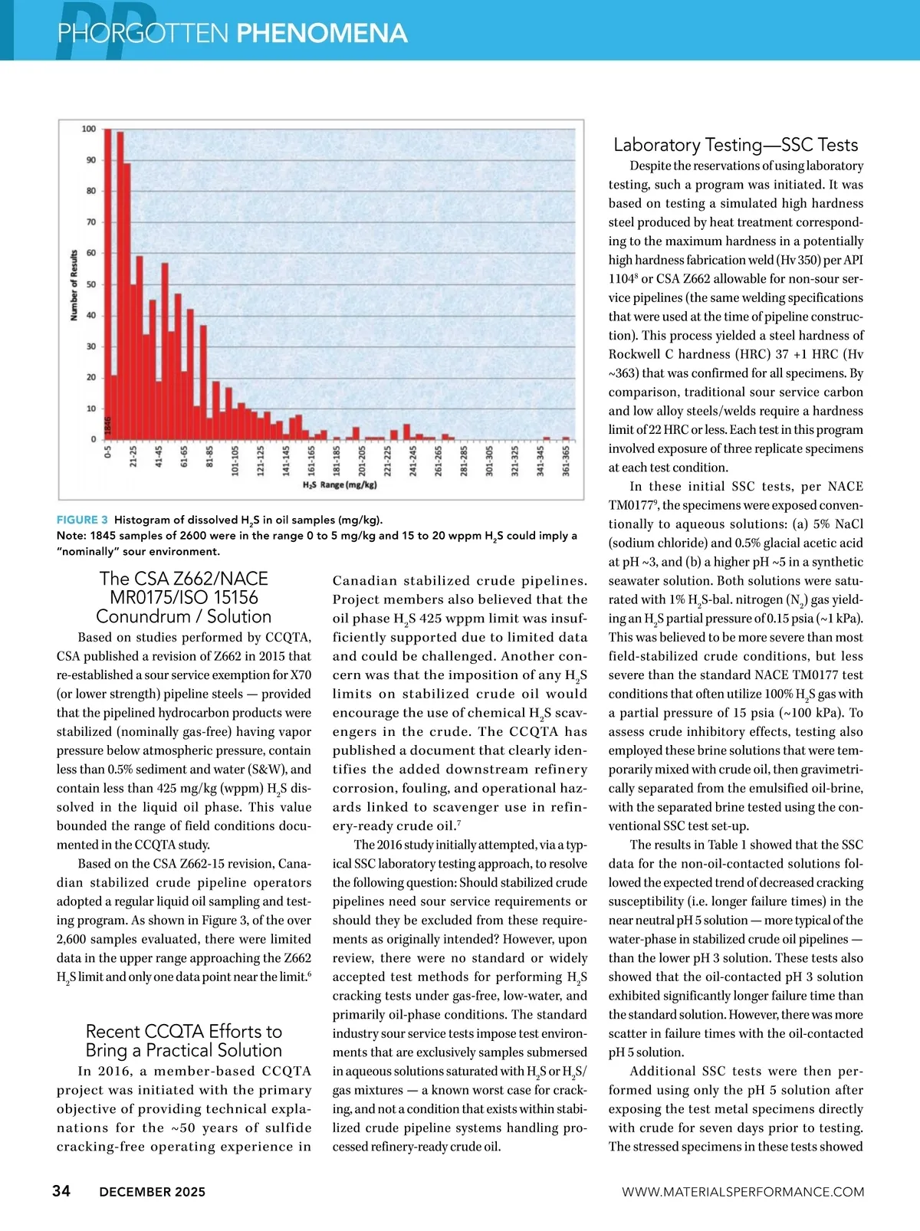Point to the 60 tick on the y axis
tap(91, 253)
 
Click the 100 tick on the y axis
tap(89, 129)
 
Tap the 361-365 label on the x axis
tap(566, 461)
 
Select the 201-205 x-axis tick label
tap(362, 461)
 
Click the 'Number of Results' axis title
tap(74, 284)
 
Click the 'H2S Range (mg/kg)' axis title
tap(340, 484)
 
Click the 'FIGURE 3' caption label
tap(82, 520)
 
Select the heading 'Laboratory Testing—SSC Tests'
tap(735, 145)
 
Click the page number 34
tap(61, 1190)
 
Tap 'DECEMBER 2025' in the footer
tap(153, 1192)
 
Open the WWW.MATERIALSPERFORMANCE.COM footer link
tap(742, 1192)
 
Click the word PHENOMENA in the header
tap(321, 33)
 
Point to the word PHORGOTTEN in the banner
tap(143, 33)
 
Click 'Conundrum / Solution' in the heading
tap(184, 616)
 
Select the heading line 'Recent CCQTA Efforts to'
tap(184, 1031)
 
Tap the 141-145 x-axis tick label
tap(286, 461)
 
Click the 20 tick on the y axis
tap(91, 377)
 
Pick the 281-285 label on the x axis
tap(464, 461)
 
